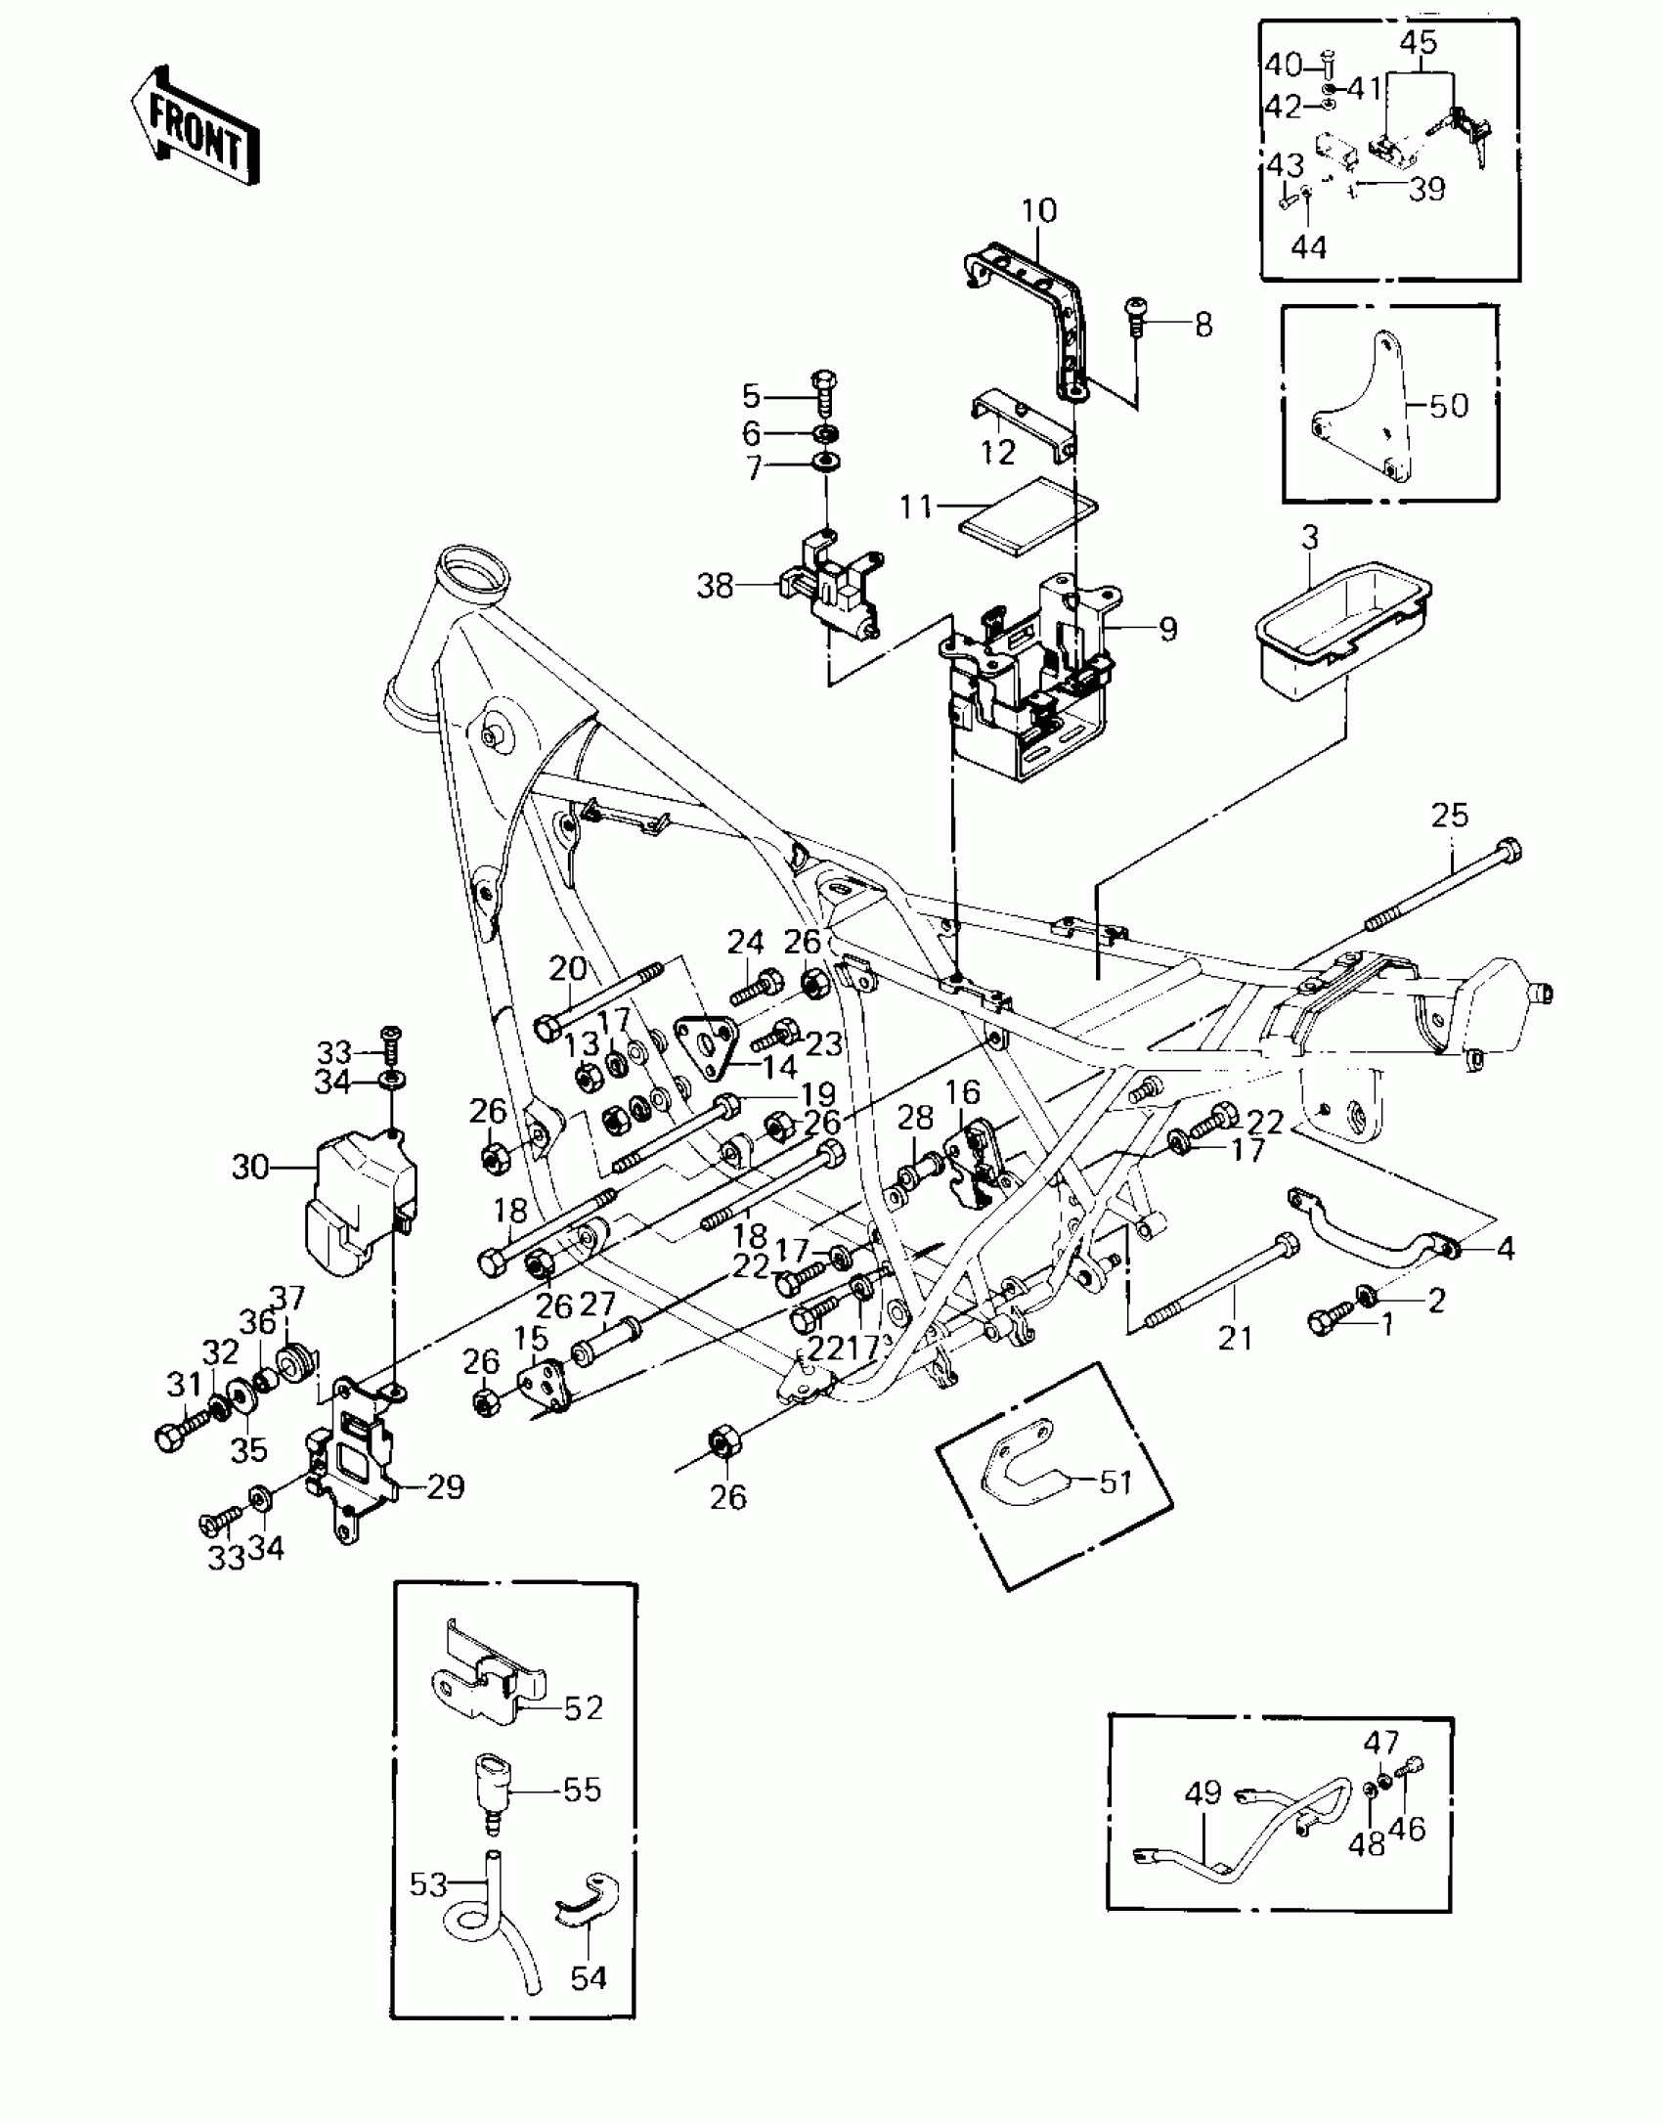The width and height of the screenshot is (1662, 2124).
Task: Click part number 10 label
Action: (1039, 210)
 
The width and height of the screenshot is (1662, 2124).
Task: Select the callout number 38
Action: (716, 587)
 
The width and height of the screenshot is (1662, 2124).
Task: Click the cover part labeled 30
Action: (357, 1203)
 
